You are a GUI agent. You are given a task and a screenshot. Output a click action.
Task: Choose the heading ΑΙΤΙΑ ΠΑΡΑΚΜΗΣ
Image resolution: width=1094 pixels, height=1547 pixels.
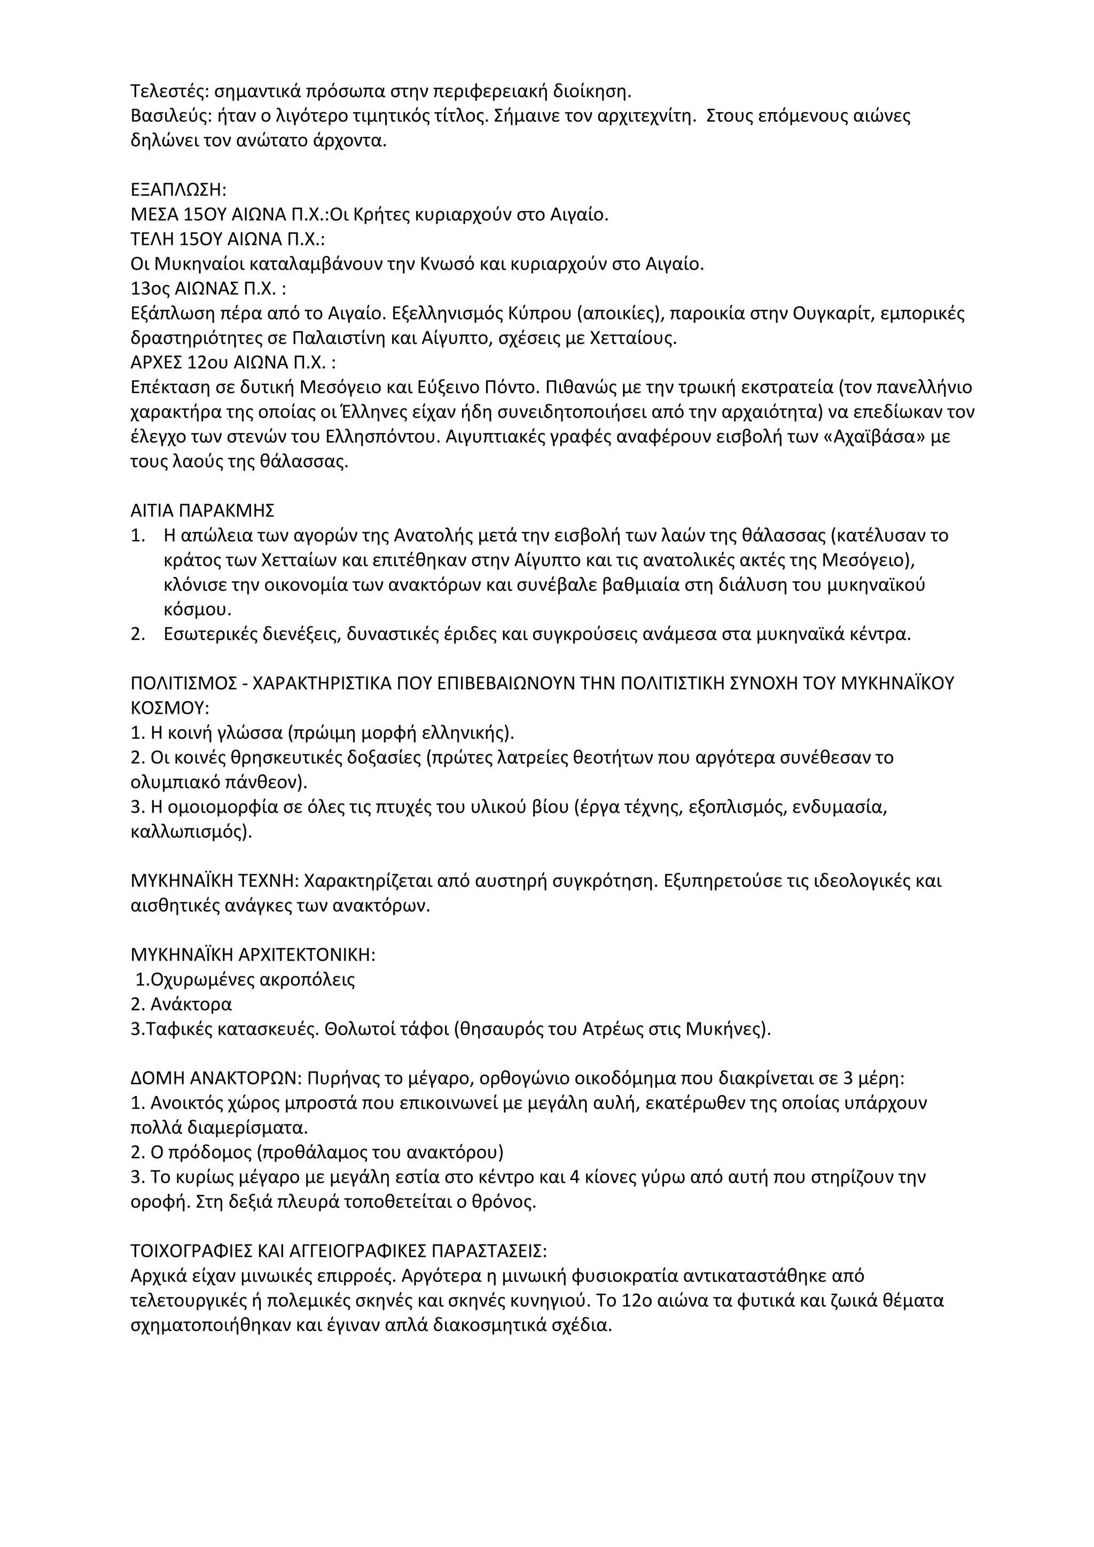pos(202,510)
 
